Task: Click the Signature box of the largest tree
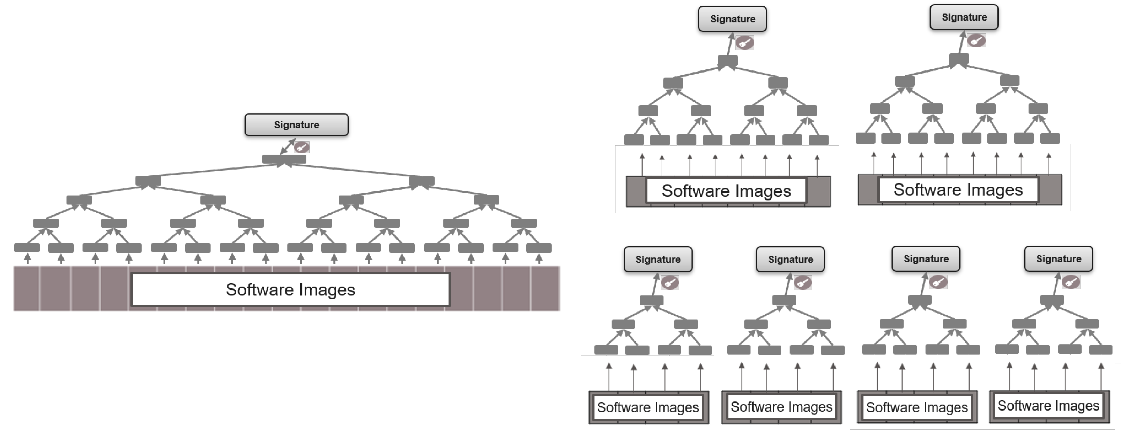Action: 296,125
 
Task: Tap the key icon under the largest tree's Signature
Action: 302,148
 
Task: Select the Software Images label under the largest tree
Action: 290,290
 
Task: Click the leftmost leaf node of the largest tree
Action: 27,248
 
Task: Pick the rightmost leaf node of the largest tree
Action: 539,248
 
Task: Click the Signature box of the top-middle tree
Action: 732,19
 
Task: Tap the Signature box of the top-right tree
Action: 964,17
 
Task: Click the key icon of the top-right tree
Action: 976,41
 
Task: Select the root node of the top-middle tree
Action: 728,61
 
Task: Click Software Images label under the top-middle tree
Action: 726,191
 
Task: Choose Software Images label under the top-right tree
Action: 958,189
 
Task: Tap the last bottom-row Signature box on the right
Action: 1059,259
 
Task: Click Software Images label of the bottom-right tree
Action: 1048,406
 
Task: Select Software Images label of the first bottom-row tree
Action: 648,407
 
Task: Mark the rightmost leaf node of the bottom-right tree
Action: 1100,350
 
